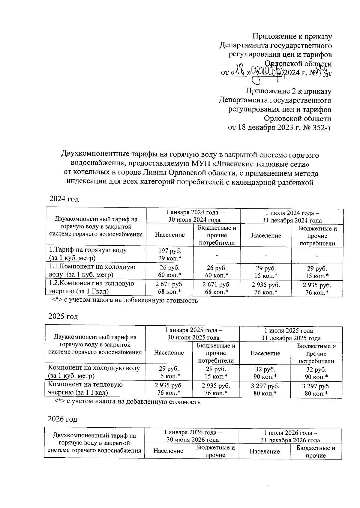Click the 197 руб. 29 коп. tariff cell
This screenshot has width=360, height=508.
[170, 254]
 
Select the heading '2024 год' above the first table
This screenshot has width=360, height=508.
[64, 199]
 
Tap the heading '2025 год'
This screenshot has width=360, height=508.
[63, 316]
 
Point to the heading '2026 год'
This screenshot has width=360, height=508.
[62, 419]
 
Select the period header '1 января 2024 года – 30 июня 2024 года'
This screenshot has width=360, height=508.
[194, 216]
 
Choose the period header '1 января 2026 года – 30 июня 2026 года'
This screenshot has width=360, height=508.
[193, 436]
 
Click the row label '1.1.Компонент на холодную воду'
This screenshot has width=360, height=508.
[92, 270]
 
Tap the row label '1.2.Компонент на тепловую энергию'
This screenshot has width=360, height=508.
[91, 287]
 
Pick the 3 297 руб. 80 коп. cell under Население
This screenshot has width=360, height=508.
[265, 389]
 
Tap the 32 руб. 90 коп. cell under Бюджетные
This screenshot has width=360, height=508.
[316, 373]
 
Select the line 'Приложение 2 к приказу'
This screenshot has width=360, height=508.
[289, 91]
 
